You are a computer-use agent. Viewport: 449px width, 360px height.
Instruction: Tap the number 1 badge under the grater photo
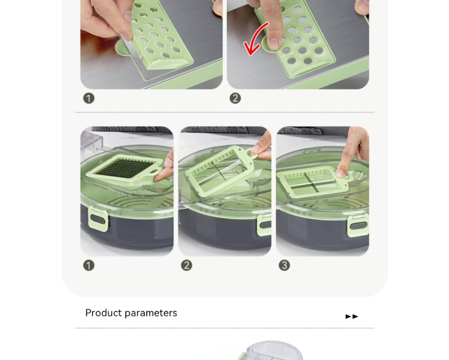pos(89,98)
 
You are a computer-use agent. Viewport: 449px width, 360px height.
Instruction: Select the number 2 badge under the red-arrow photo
pos(235,98)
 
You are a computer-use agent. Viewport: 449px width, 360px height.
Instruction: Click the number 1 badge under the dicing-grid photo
pos(89,265)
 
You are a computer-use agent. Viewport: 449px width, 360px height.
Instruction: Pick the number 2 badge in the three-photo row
pos(186,265)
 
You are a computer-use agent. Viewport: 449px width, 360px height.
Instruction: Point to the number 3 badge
pos(284,265)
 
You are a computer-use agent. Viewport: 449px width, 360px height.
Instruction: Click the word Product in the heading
pos(103,313)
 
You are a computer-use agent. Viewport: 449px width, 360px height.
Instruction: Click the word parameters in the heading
pos(151,313)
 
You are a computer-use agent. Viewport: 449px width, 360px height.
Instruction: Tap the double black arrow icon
pos(352,317)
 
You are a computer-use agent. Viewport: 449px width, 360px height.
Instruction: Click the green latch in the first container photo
pos(98,219)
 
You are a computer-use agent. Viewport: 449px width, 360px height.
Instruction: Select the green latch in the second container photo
pos(264,225)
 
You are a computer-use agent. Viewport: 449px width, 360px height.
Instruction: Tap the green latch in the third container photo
pos(358,226)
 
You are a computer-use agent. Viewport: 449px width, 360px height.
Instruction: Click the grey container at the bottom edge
pos(272,350)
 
